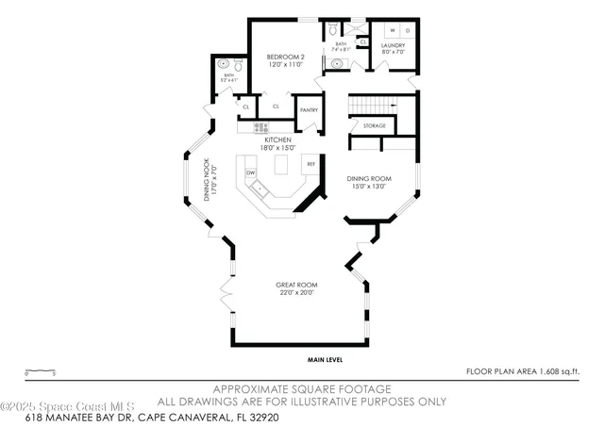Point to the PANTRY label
[309, 110]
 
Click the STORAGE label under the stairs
[374, 125]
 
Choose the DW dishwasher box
[251, 173]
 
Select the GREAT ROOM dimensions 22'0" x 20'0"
[295, 292]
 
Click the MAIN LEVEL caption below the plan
[324, 359]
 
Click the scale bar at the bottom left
[40, 371]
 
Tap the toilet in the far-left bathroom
[239, 68]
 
